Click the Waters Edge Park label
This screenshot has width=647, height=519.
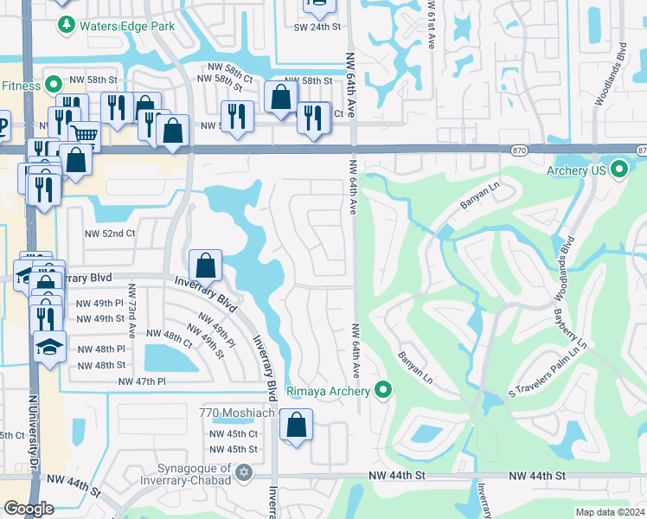coord(127,26)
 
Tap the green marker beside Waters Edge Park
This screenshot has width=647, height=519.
coord(66,26)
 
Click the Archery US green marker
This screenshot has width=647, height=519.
coord(618,170)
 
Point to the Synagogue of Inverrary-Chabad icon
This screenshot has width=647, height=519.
coord(244,472)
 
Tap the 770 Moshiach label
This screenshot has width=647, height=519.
coord(236,413)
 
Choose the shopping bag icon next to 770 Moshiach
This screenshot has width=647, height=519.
coord(296,425)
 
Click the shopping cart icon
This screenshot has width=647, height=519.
coord(84,135)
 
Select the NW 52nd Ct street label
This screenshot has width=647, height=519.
coord(110,234)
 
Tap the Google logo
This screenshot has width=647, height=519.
coord(29,509)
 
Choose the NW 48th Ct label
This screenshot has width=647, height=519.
coord(169,334)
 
